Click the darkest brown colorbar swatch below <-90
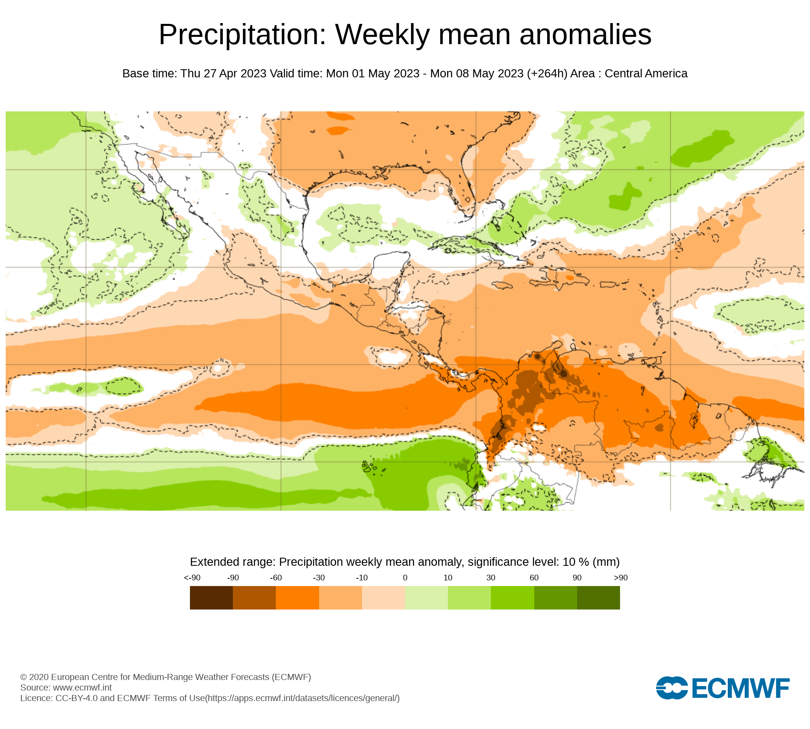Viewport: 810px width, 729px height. point(211,598)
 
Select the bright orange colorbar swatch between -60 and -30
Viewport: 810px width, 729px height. point(297,598)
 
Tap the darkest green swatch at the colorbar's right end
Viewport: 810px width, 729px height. point(598,598)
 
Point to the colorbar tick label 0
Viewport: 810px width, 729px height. point(405,578)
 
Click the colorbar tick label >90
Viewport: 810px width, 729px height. point(620,578)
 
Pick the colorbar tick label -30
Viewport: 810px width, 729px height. point(319,578)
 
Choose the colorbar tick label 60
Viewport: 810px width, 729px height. point(534,578)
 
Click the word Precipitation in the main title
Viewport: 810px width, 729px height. point(242,35)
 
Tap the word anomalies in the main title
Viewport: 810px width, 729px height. point(585,35)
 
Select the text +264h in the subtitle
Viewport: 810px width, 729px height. point(547,74)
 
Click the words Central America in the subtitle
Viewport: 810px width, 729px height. point(646,74)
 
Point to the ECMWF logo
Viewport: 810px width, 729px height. point(723,688)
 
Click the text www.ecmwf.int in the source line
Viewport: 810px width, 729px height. point(82,687)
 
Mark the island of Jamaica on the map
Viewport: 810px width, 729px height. point(502,286)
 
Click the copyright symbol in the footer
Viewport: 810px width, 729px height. point(23,677)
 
